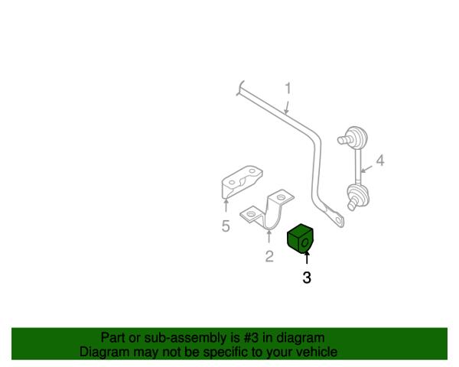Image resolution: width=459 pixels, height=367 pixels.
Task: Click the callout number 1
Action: [x=288, y=89]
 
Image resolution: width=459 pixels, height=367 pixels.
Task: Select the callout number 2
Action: [x=269, y=256]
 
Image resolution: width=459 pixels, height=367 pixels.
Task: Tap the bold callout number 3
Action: [x=307, y=278]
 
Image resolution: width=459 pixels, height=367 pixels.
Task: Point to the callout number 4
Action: [x=380, y=161]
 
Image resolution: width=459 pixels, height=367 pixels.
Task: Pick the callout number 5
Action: [x=226, y=226]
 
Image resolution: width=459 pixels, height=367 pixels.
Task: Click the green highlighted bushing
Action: [x=301, y=239]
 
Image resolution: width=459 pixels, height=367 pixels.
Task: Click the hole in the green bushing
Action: [x=305, y=242]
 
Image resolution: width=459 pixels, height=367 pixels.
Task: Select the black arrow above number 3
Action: [x=307, y=258]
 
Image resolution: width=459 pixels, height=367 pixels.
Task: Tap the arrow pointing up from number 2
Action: [x=269, y=237]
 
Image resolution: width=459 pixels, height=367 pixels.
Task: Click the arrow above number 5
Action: [x=226, y=205]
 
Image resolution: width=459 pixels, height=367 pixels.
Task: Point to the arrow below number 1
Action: [x=287, y=108]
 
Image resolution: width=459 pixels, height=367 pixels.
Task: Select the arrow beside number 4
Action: [x=366, y=169]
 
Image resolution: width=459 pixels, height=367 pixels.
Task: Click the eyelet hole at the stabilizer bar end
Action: [x=339, y=219]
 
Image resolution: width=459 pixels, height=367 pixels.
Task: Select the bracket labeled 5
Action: [x=241, y=181]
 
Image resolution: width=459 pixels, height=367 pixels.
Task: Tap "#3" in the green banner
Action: [x=251, y=338]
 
